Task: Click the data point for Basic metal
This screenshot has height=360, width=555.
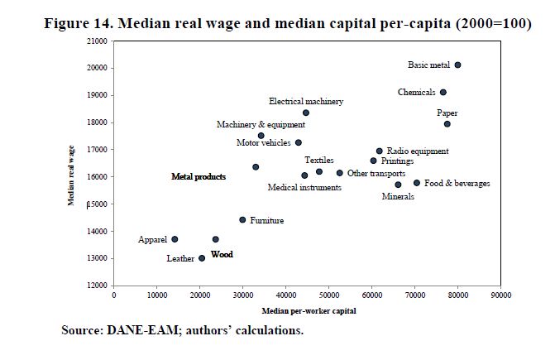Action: [x=457, y=65]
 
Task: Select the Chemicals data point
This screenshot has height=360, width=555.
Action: [x=443, y=93]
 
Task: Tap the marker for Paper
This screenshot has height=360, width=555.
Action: [x=447, y=124]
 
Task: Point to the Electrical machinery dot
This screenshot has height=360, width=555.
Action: [x=306, y=113]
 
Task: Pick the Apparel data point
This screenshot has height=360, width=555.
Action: [x=175, y=239]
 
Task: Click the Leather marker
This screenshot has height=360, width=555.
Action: [x=202, y=258]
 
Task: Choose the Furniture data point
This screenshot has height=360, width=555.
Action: [x=242, y=220]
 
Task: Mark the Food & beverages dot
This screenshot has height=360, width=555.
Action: [x=417, y=183]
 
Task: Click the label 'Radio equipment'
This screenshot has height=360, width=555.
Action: [x=418, y=151]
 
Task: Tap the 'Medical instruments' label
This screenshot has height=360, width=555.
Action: [x=304, y=188]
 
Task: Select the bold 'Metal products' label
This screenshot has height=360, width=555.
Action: [x=199, y=176]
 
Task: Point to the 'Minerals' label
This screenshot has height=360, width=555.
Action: [x=398, y=197]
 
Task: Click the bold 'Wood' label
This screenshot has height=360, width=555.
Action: [x=222, y=255]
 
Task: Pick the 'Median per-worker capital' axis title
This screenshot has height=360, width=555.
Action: [x=309, y=311]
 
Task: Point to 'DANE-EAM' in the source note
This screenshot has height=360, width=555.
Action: [x=137, y=331]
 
